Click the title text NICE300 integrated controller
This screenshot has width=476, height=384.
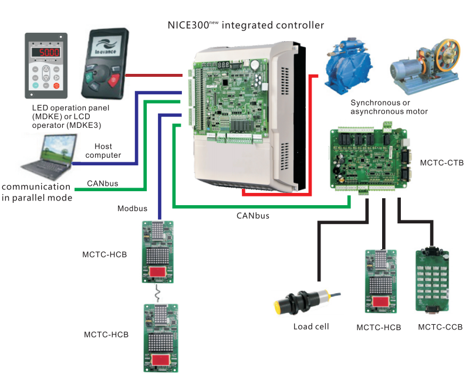[246, 25]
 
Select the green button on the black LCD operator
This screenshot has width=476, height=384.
[90, 77]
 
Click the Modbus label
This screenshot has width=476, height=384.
[132, 209]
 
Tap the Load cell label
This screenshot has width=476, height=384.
[311, 327]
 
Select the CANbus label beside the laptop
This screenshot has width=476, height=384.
[103, 183]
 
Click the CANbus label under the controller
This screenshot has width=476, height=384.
[254, 215]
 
